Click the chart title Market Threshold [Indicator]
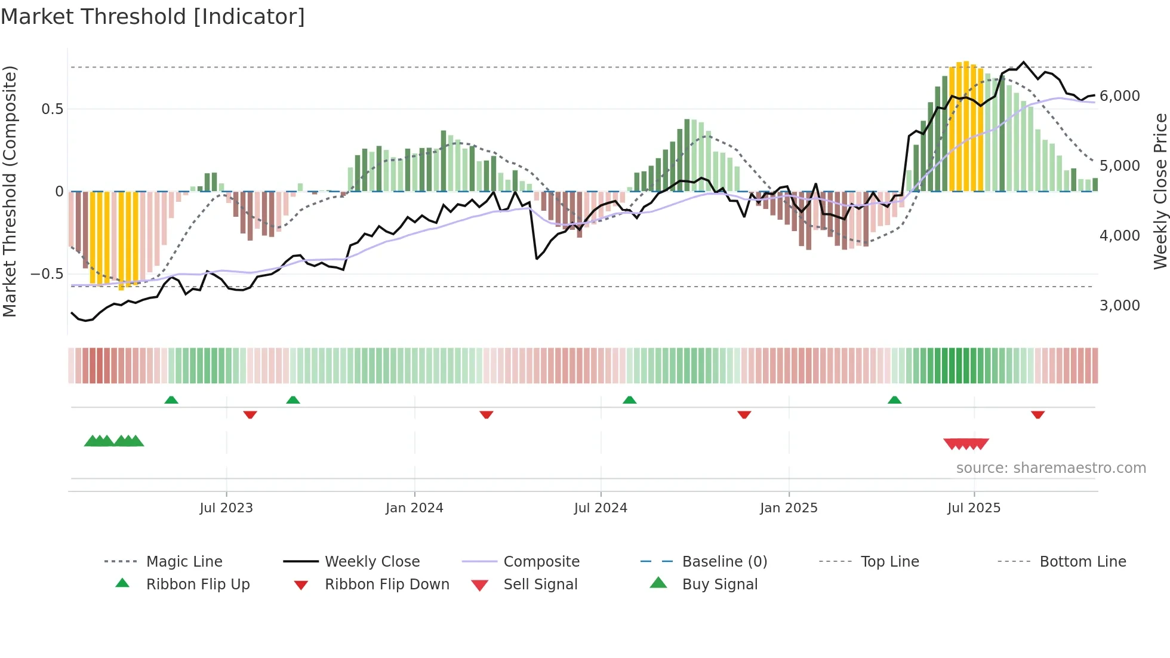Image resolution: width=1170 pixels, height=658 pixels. (153, 17)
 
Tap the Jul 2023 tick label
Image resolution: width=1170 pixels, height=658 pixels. (226, 508)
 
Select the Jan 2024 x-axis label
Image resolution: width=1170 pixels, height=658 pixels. (414, 508)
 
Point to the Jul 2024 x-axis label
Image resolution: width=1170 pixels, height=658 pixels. (601, 508)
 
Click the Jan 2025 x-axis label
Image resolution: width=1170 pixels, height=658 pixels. (789, 508)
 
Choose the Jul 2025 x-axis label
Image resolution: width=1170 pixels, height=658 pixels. (974, 508)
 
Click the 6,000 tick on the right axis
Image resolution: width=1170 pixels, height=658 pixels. (1119, 96)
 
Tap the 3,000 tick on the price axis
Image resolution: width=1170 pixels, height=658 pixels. (1119, 306)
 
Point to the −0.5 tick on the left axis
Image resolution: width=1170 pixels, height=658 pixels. (47, 274)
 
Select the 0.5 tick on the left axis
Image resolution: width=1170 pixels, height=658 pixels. (52, 109)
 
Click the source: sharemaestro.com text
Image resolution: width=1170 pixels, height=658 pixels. (1051, 468)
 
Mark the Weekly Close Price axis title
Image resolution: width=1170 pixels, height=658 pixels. (1160, 191)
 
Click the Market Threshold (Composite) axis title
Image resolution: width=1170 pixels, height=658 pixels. (10, 191)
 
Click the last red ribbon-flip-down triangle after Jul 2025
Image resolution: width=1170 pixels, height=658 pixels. (1037, 414)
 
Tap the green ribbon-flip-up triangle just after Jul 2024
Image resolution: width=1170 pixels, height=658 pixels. (629, 400)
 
